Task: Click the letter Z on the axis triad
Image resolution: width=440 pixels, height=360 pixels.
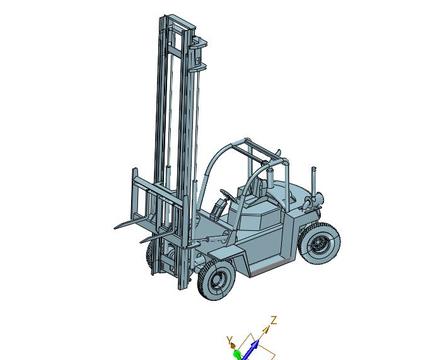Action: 274,320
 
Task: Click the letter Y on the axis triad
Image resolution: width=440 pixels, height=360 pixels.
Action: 229,340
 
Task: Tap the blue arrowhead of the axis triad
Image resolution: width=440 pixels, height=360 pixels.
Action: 255,344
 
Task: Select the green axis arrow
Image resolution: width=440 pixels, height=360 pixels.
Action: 237,355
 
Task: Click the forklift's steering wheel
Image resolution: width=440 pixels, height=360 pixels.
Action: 227,194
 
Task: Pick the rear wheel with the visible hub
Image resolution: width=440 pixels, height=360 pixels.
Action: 320,243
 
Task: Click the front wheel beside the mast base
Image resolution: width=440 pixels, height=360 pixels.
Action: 216,280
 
